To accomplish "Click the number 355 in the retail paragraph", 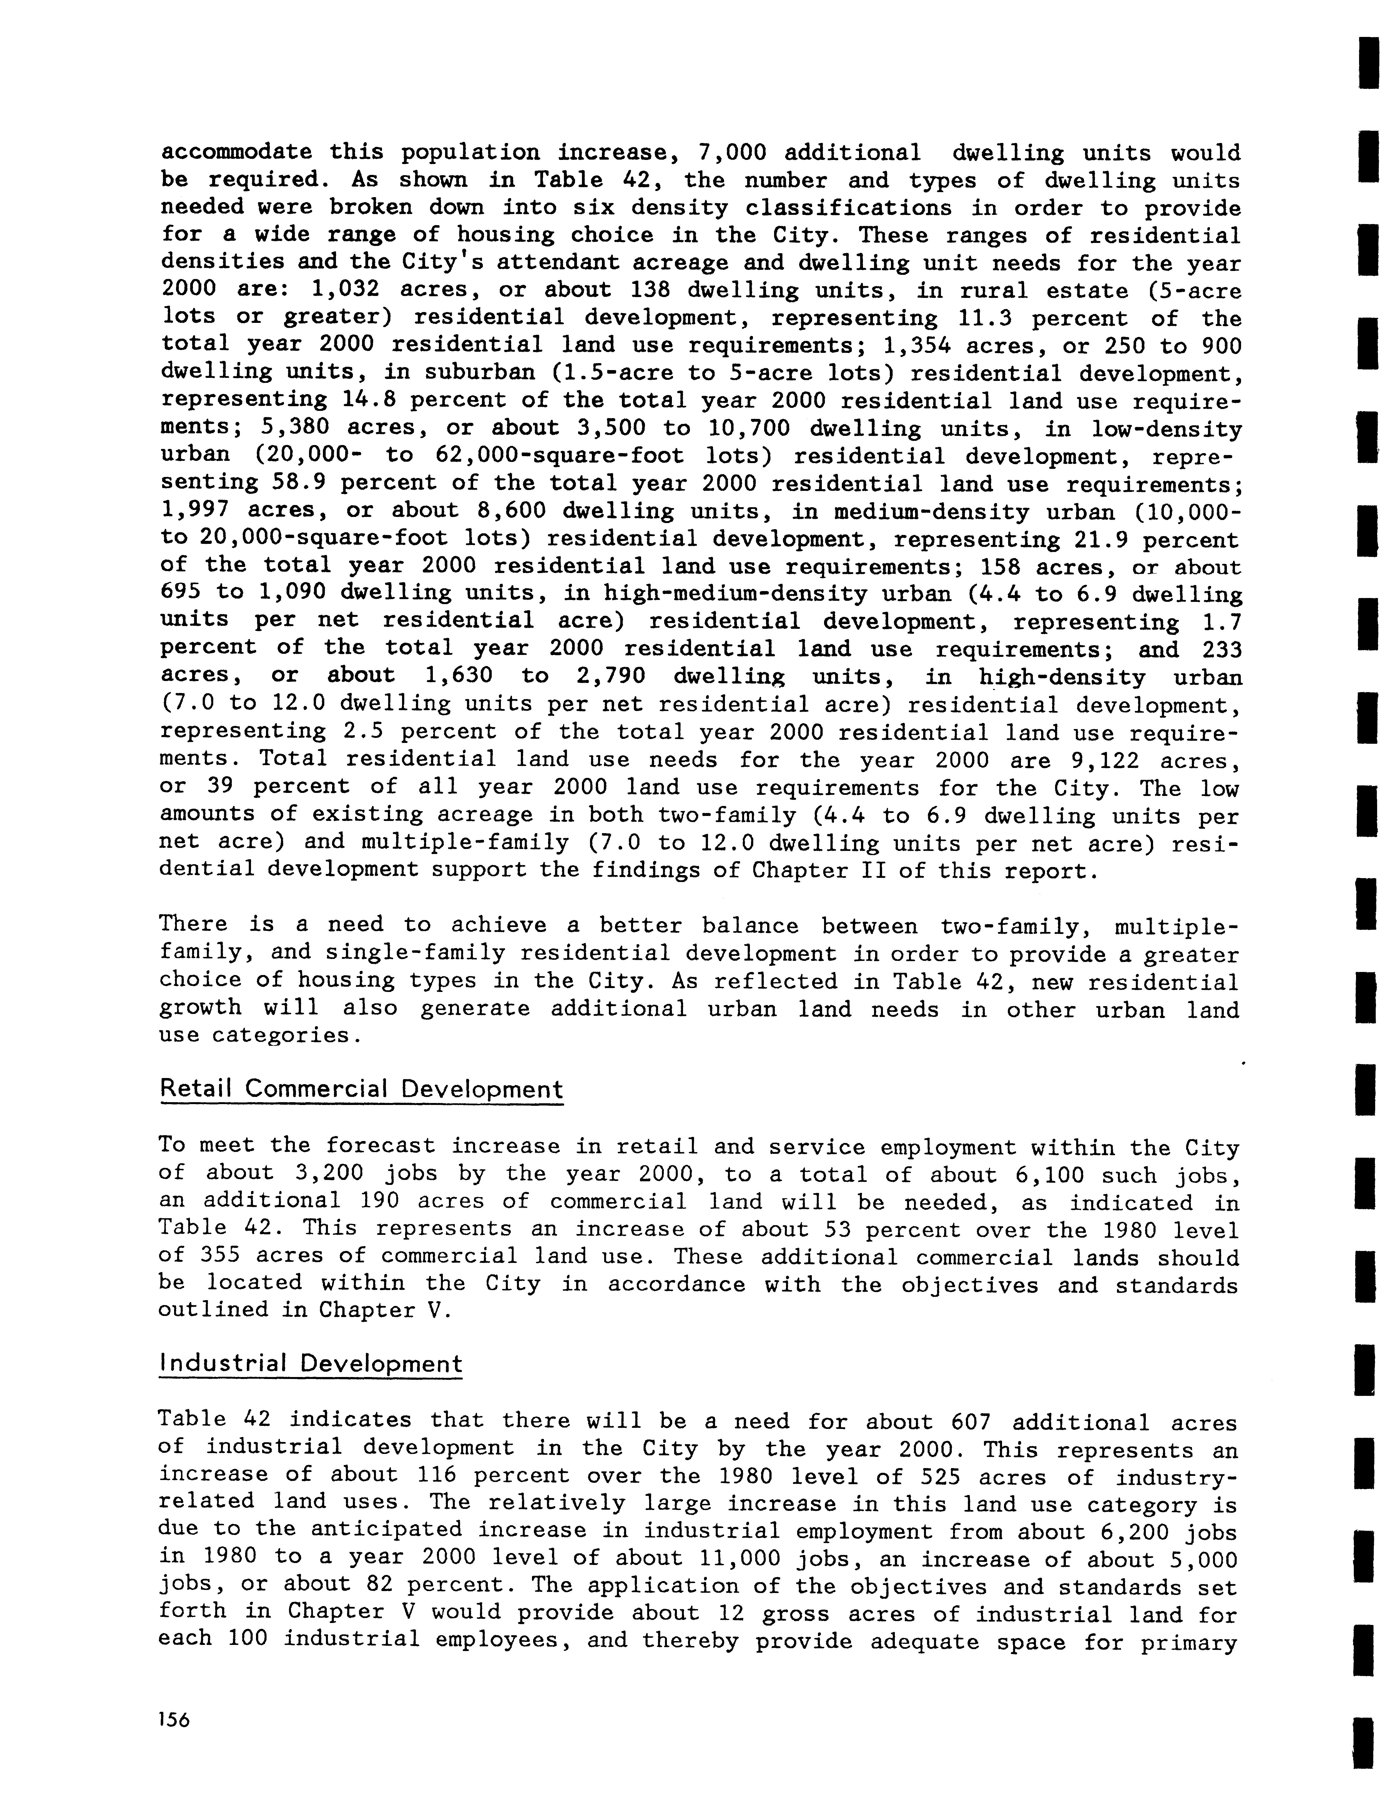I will pyautogui.click(x=220, y=1256).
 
